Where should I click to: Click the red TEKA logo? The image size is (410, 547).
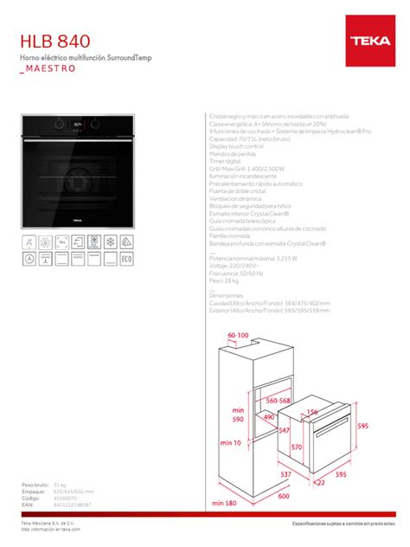click(370, 40)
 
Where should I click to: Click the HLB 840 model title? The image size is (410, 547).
click(54, 41)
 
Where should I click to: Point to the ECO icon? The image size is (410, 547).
click(125, 257)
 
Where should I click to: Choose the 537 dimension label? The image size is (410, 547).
click(285, 474)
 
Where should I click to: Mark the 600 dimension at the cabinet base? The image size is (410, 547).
click(284, 496)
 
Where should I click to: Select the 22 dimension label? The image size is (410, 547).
click(319, 482)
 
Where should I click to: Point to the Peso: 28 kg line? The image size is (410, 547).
click(226, 281)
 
